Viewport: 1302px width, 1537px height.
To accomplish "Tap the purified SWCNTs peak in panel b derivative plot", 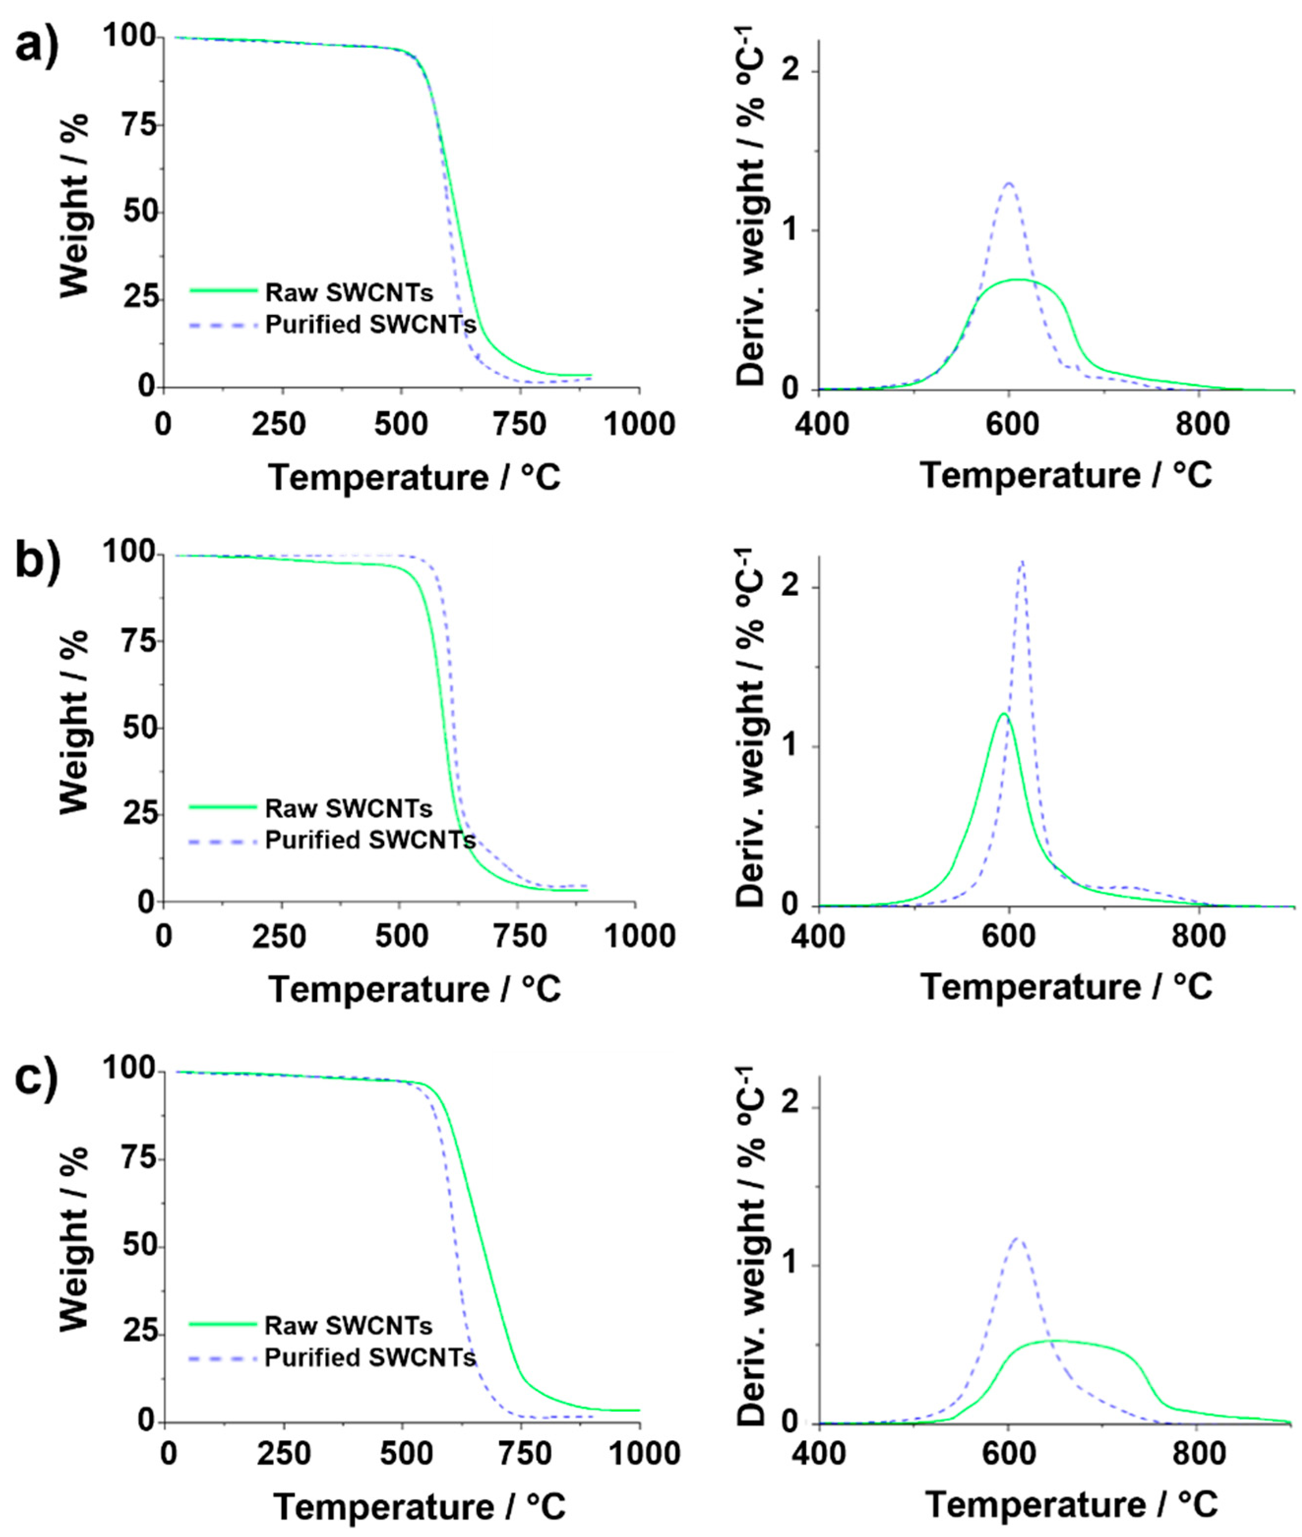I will coord(1022,562).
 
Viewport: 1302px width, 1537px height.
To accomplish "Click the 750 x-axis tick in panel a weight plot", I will coord(519,425).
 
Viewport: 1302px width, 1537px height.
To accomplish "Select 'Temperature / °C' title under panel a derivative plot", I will coord(1066,474).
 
